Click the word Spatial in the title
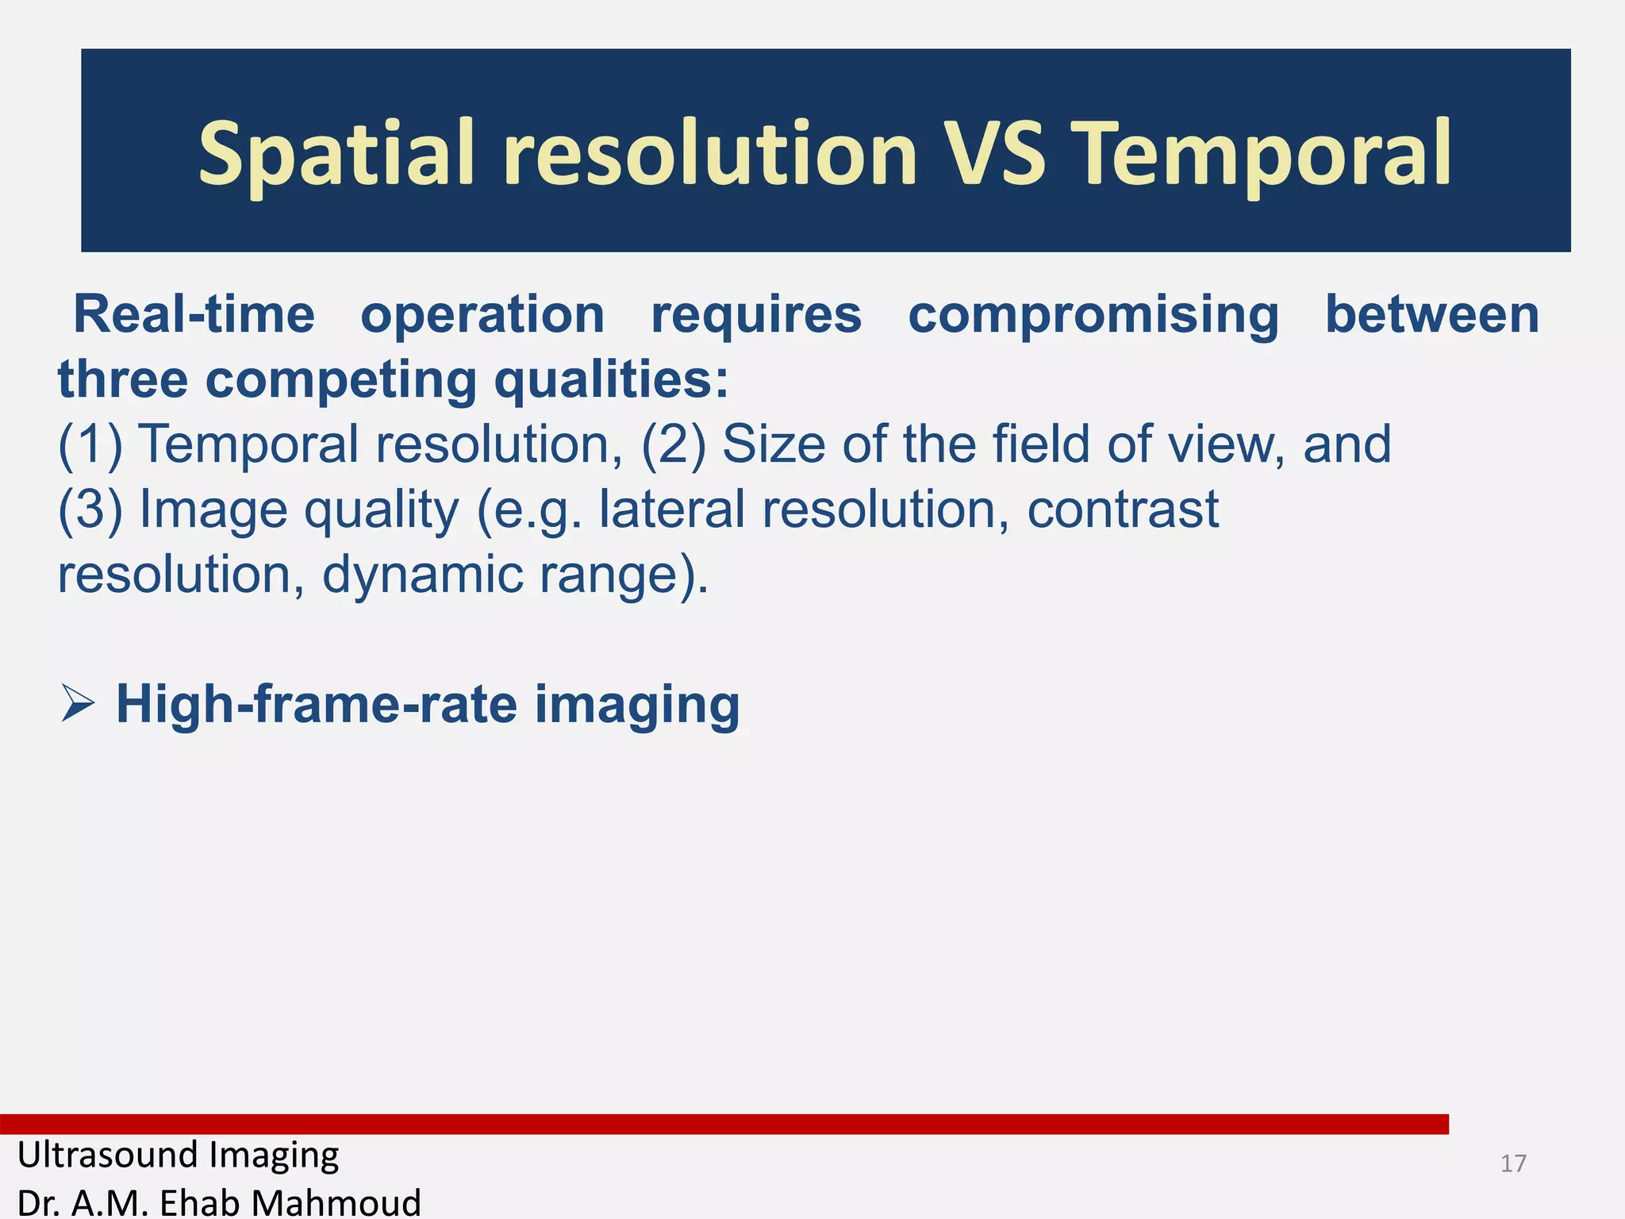point(336,153)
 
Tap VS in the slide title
point(995,153)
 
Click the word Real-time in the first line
point(194,315)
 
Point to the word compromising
point(1093,315)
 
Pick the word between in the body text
point(1432,315)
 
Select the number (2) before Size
point(673,444)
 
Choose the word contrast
point(1123,510)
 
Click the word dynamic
point(422,575)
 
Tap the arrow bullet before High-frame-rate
point(78,703)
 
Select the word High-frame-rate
point(317,704)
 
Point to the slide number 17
point(1513,1163)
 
